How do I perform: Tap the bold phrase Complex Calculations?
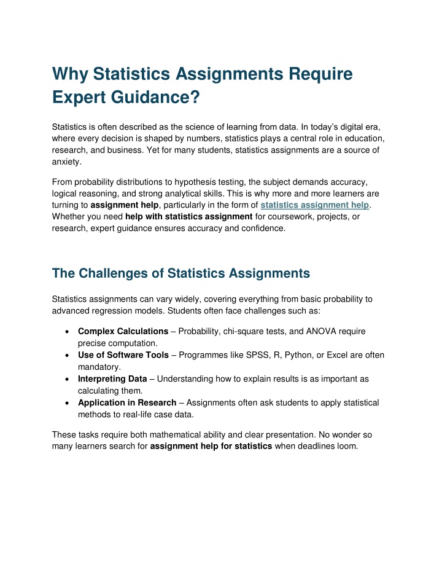[x=123, y=331]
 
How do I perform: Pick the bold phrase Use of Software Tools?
[x=122, y=355]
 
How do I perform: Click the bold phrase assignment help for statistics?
[x=211, y=446]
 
